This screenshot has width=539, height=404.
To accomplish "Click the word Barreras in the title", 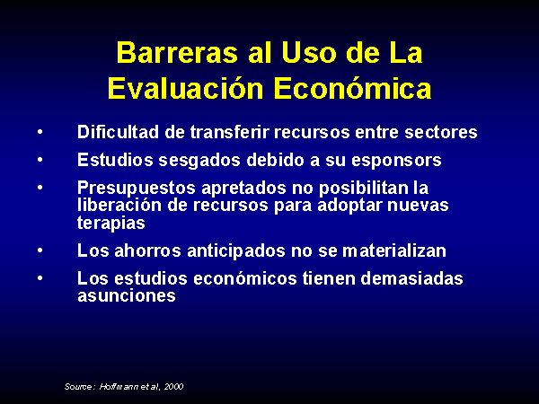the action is pos(177,53).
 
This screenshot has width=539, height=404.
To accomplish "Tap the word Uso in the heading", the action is pos(308,53).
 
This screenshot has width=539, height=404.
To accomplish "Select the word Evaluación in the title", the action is pos(186,88).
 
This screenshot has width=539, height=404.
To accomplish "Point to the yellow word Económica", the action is pos(353,88).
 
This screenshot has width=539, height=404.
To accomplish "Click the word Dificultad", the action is pos(118,132).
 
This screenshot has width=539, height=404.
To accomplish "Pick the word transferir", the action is pos(229,132).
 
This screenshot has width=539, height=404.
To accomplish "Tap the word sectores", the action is pos(441,133).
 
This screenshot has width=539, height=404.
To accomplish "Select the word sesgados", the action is pos(199,161).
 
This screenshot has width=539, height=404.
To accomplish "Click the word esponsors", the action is pos(396,161).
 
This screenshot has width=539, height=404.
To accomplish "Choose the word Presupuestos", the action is pos(137,189).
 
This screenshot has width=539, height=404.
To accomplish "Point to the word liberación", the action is pos(119,205).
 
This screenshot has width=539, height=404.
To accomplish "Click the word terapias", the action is pos(111,224).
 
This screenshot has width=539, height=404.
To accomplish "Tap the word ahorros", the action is pos(147,250).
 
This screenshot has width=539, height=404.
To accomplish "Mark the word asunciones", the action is pos(127,295).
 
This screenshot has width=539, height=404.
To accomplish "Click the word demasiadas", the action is pos(411,278).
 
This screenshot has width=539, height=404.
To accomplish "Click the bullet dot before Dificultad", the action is pos(40,132).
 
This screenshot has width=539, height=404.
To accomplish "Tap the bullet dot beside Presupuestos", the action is pos(40,188).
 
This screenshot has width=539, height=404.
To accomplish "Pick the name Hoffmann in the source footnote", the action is pos(119,386).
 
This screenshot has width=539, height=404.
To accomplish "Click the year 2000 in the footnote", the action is pos(173,387).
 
